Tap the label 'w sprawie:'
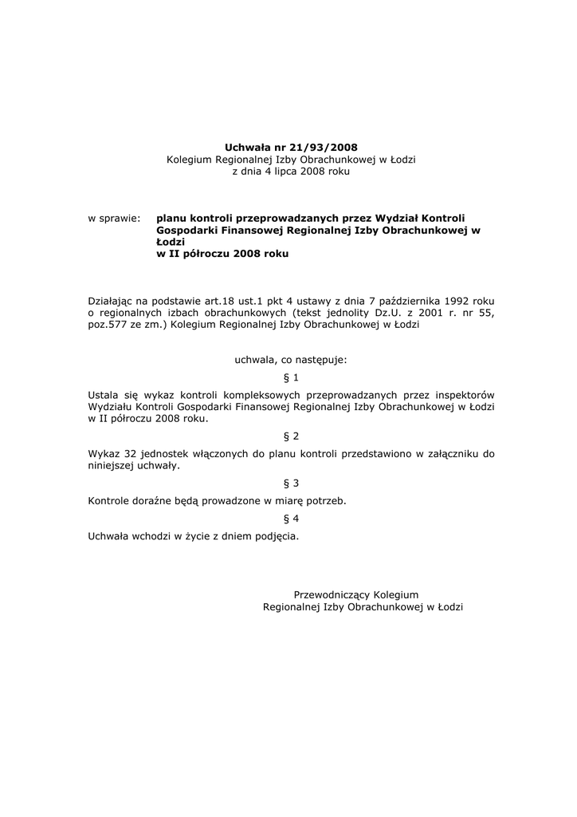tap(114, 217)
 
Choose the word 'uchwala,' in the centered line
tap(253, 360)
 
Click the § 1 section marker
tap(291, 377)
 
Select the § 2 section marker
tap(291, 436)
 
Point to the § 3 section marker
tap(291, 483)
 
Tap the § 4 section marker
tap(291, 519)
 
